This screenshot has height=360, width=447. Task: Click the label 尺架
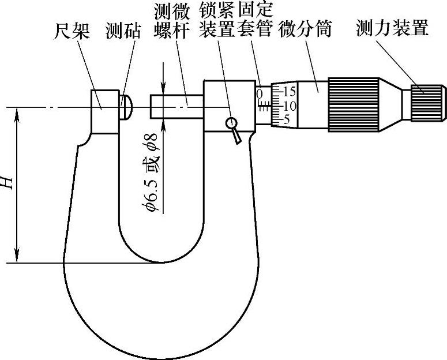[x=73, y=29]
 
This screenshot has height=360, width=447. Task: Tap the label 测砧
[x=123, y=29]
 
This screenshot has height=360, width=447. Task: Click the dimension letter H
[x=7, y=183]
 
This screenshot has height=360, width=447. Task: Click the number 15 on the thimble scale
[x=288, y=91]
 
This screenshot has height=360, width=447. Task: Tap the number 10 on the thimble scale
[x=288, y=106]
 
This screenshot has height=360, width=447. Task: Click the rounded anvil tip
[x=127, y=107]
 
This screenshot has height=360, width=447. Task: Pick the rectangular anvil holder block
[x=104, y=111]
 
